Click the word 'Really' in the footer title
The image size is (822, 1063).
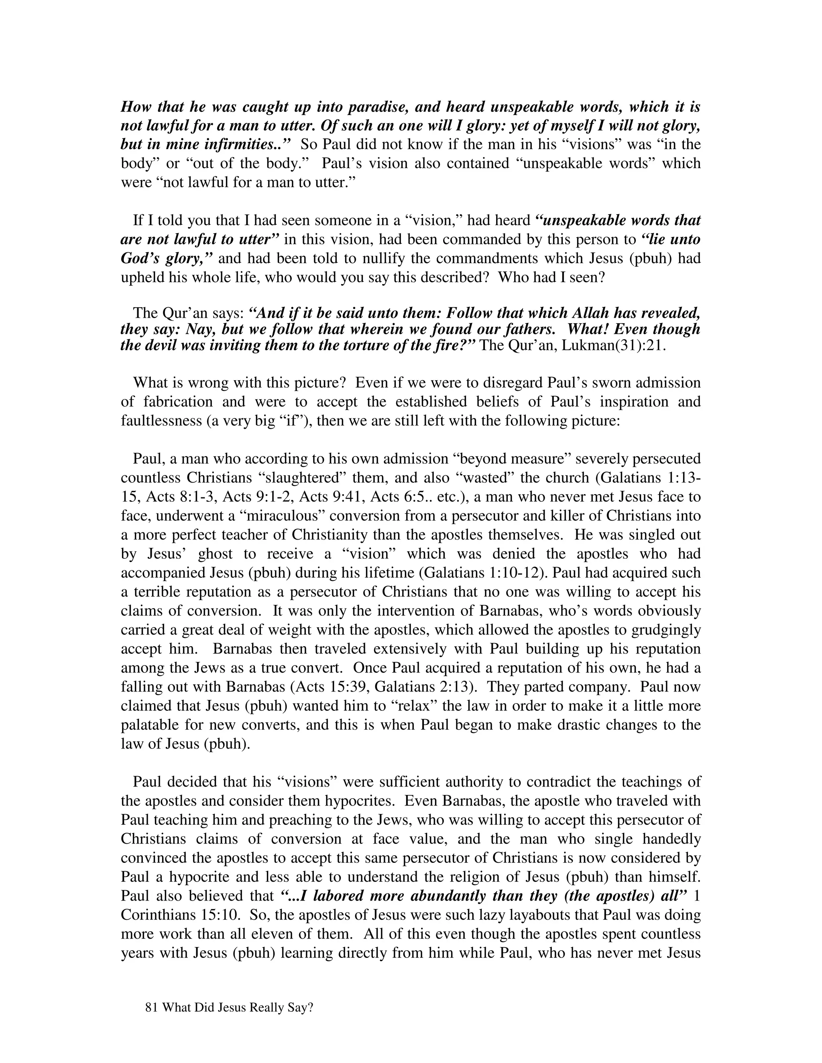click(260, 1008)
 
